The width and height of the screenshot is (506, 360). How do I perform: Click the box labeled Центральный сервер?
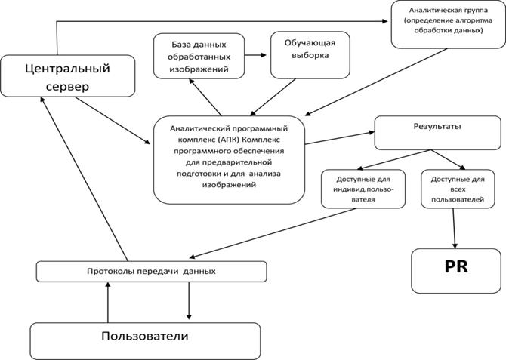(x=67, y=75)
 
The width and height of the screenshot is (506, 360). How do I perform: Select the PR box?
(x=456, y=271)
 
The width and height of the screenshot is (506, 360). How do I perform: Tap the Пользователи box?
(x=145, y=341)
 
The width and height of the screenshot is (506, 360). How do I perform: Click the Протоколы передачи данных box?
(x=151, y=271)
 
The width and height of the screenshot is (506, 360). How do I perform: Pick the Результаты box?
(x=437, y=133)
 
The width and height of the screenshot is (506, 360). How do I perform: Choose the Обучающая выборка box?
(x=310, y=55)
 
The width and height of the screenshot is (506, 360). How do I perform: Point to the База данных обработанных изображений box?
(x=199, y=56)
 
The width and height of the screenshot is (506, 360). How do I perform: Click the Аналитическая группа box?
(x=449, y=24)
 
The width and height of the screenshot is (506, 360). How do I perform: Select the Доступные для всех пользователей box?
(x=458, y=189)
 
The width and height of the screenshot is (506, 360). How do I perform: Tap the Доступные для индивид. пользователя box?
(x=363, y=189)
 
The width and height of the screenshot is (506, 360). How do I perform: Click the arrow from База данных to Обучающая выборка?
(x=255, y=55)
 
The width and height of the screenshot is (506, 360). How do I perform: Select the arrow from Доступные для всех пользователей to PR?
(x=454, y=228)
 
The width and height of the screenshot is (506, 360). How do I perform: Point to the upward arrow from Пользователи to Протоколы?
(x=108, y=302)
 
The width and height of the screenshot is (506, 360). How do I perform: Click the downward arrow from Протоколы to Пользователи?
(x=189, y=300)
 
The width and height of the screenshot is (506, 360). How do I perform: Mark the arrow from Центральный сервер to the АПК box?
(x=113, y=120)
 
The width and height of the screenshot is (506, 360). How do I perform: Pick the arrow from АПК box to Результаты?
(x=340, y=138)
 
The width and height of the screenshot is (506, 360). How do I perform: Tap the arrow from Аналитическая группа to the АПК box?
(x=376, y=82)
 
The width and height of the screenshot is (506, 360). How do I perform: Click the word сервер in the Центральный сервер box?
(x=67, y=87)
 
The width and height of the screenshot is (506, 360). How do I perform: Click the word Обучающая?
(x=310, y=43)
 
